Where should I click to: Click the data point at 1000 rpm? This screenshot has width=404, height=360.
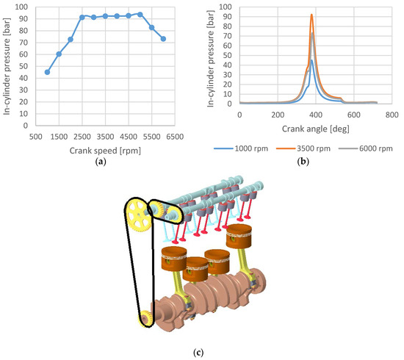(x=47, y=72)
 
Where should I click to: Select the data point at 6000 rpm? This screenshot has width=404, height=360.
(x=163, y=39)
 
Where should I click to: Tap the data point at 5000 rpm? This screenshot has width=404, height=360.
(x=140, y=14)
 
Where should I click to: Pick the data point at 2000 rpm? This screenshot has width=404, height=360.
(x=71, y=39)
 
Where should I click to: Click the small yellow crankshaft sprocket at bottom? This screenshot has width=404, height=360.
(x=145, y=318)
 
